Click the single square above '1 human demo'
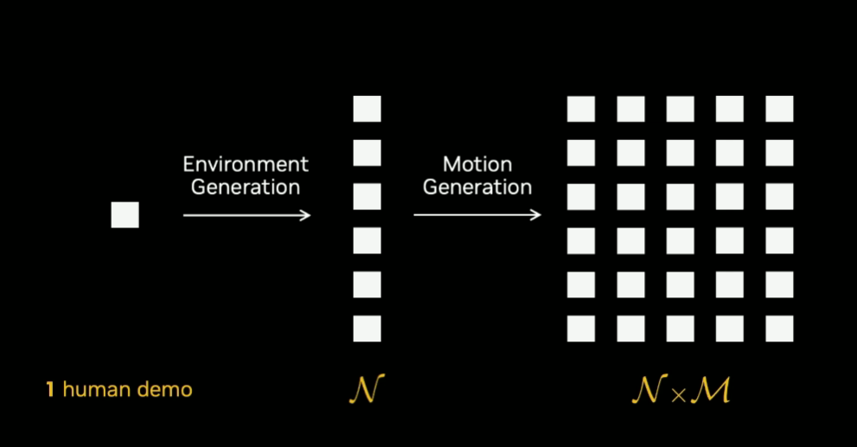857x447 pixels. (x=125, y=214)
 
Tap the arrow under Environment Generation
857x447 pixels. (x=247, y=215)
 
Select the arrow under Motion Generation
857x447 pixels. (x=477, y=214)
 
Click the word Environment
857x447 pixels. (x=246, y=164)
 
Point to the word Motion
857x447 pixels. (x=477, y=164)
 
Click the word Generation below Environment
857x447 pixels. (x=246, y=187)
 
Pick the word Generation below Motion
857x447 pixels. (x=477, y=187)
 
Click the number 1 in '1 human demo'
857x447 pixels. (x=50, y=390)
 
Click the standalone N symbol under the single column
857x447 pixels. (x=368, y=389)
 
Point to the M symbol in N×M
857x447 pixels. (x=711, y=390)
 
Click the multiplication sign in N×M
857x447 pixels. (x=678, y=395)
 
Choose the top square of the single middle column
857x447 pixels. (x=368, y=109)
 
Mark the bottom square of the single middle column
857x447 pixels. (x=368, y=329)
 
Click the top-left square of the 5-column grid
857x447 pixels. (x=581, y=109)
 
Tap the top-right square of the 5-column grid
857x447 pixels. (x=779, y=109)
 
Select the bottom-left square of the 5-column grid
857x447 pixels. (x=581, y=329)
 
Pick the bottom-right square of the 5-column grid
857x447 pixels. (x=779, y=329)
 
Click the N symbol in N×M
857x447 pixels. (x=650, y=390)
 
